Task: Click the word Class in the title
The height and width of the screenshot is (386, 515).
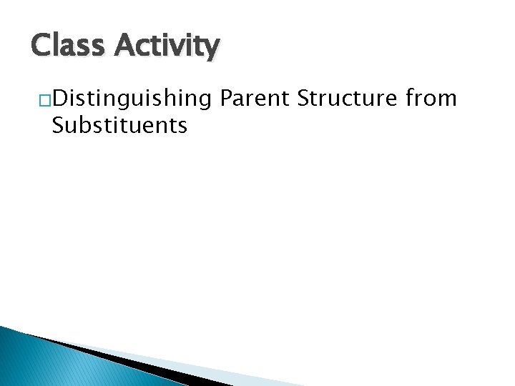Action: click(67, 46)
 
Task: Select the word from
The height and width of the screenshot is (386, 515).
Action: click(431, 97)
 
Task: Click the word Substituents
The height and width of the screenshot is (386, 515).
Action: click(119, 126)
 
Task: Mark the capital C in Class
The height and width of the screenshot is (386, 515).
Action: click(41, 46)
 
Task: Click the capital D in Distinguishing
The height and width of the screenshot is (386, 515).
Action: click(59, 97)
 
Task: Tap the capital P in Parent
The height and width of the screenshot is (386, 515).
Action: click(228, 97)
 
